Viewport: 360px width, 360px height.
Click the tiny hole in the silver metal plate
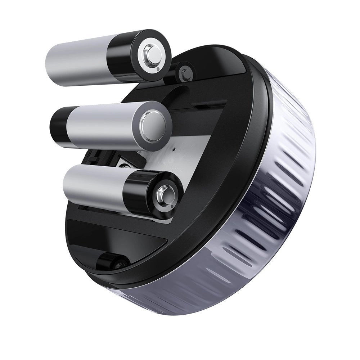pyautogui.click(x=174, y=148)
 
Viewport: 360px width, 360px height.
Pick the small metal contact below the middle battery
pyautogui.click(x=124, y=166)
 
